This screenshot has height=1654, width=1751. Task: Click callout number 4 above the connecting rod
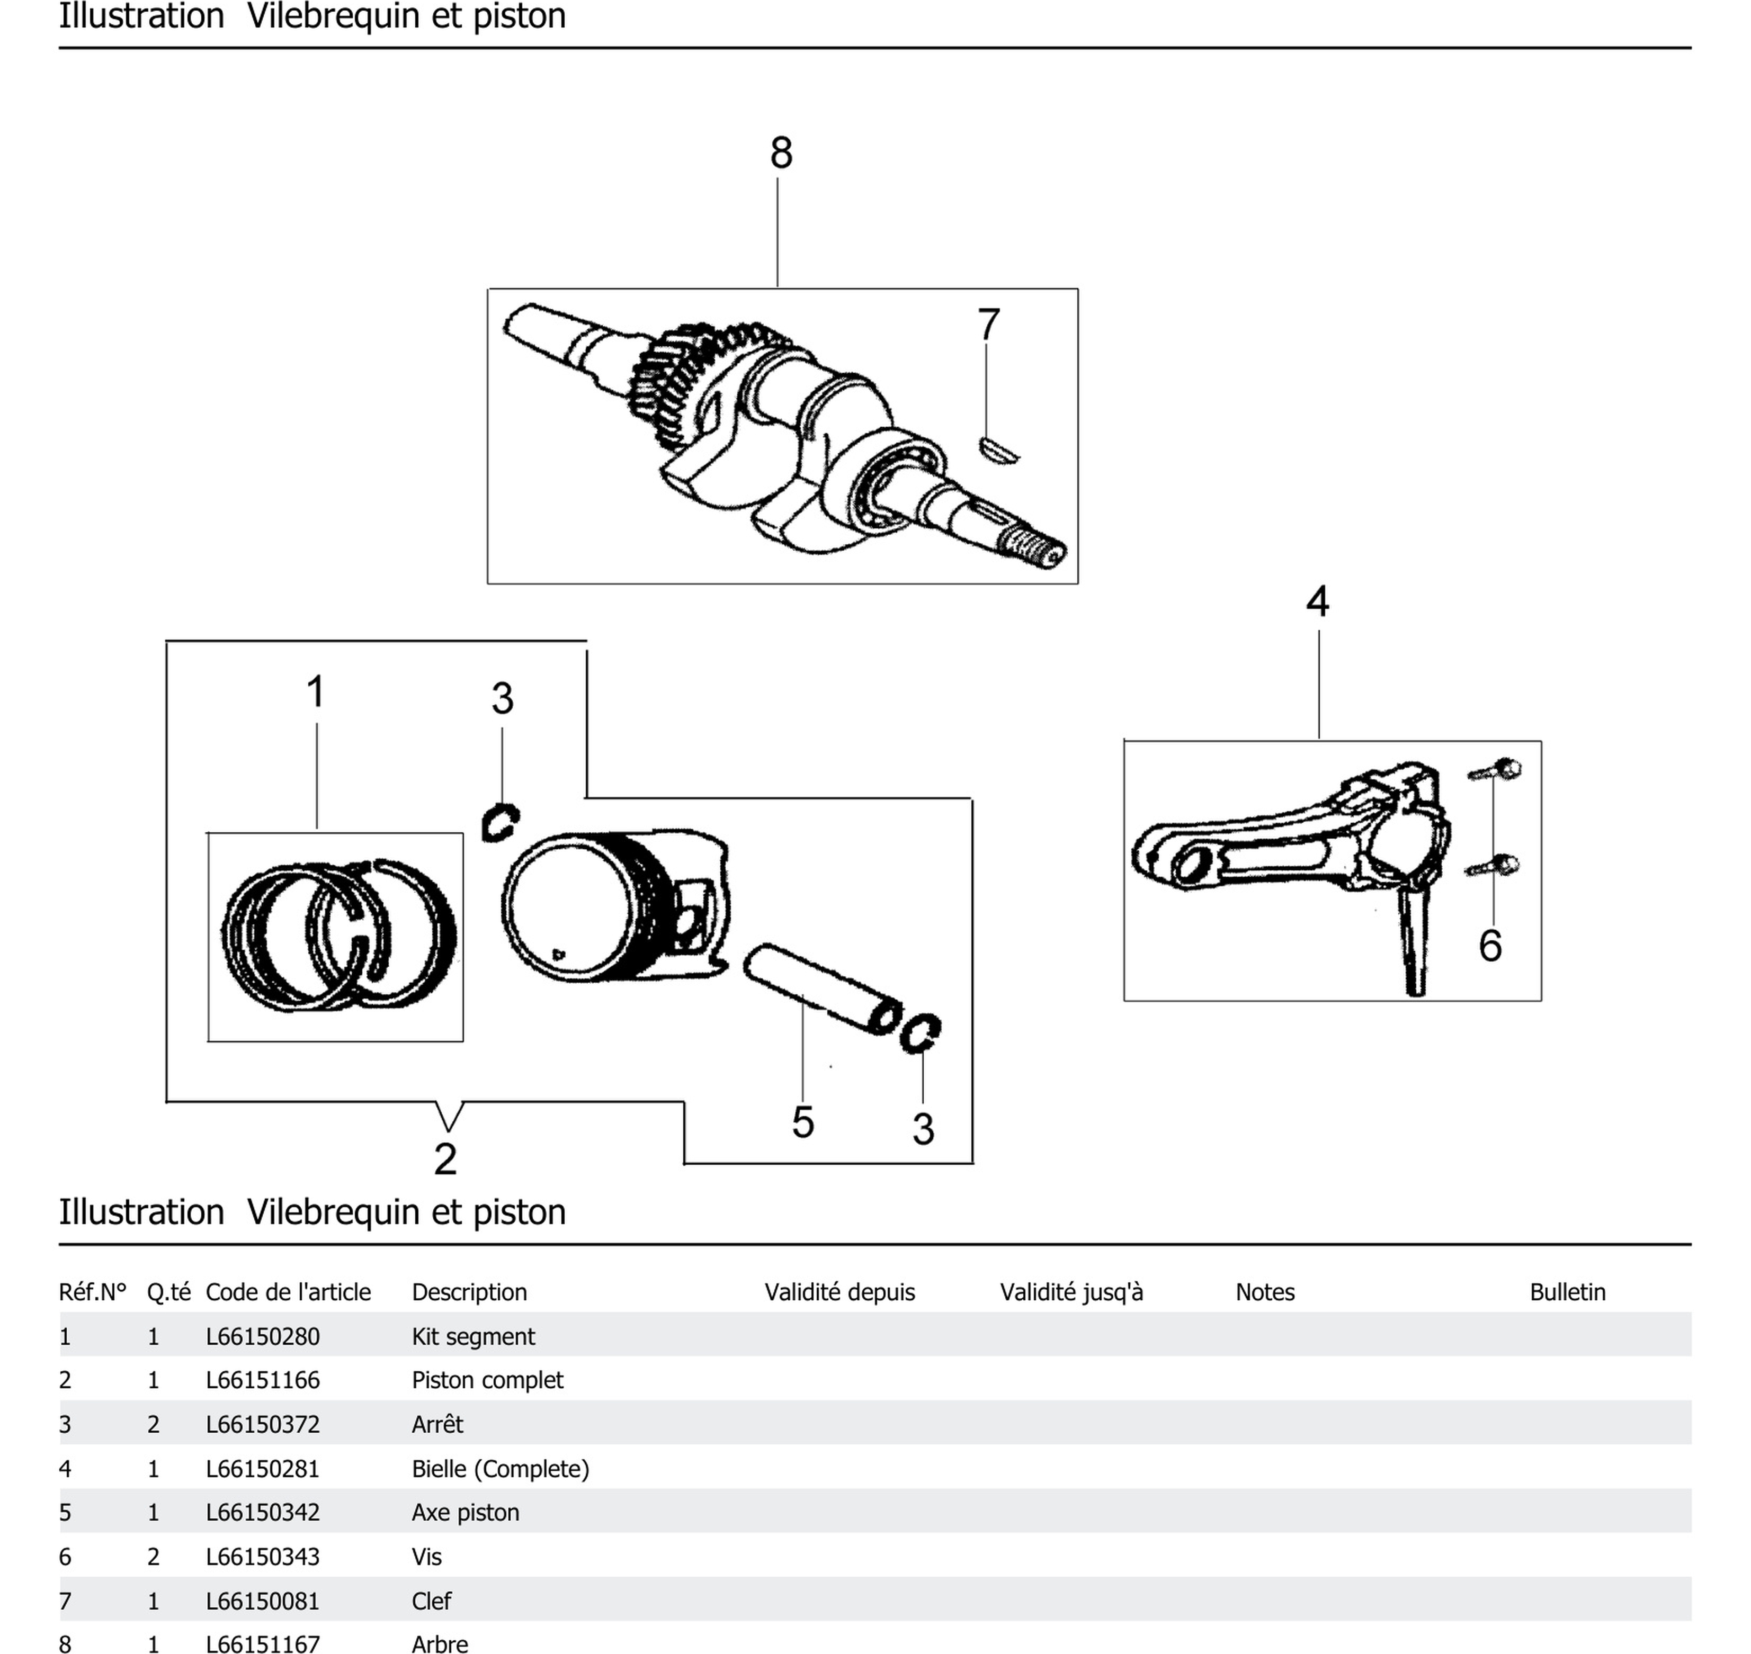click(x=1317, y=601)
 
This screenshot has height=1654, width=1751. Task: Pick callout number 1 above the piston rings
click(x=316, y=691)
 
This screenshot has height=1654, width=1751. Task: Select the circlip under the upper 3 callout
click(x=499, y=823)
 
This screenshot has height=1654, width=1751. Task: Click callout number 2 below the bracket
click(x=445, y=1158)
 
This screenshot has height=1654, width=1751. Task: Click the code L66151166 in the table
click(x=263, y=1380)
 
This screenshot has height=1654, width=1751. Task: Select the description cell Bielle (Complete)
click(x=500, y=1469)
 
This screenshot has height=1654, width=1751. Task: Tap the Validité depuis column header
click(x=839, y=1292)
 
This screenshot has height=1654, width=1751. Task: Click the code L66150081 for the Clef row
click(x=263, y=1601)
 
